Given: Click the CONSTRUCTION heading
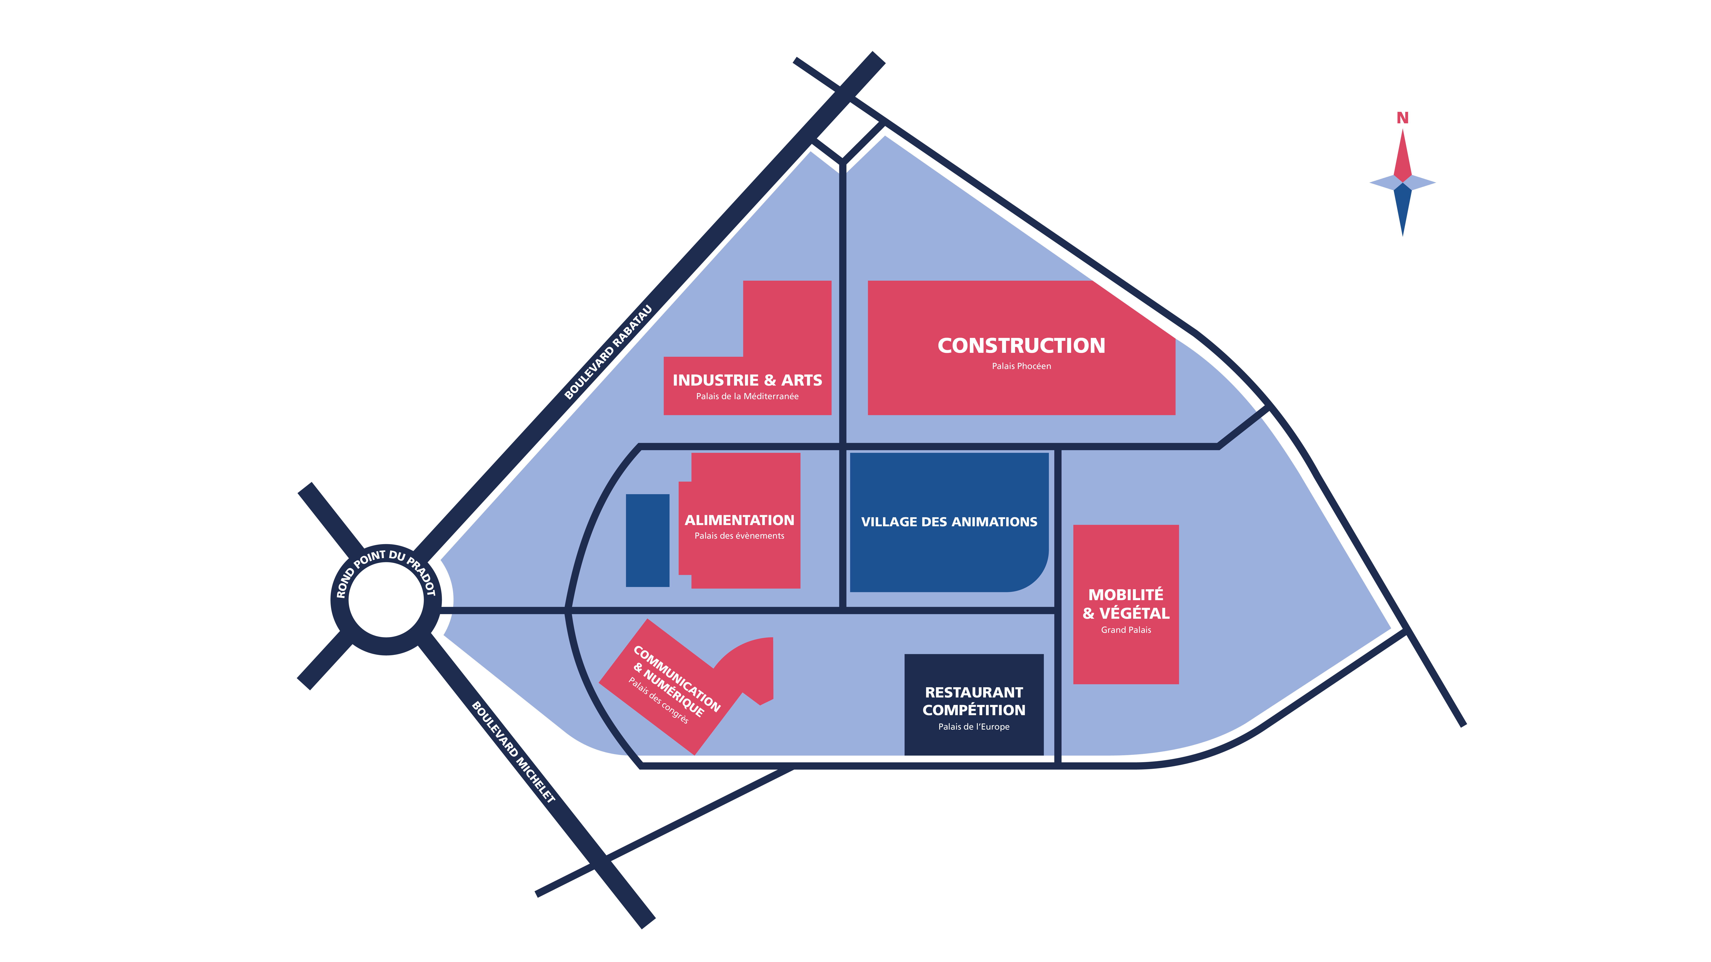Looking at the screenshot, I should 1021,346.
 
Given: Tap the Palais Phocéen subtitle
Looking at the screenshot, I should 1021,366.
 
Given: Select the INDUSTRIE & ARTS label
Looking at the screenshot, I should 747,380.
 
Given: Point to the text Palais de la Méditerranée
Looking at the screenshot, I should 747,396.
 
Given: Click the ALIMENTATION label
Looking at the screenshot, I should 739,520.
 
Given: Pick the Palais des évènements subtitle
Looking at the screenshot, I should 739,536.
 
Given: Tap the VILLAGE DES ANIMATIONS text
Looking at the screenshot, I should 948,522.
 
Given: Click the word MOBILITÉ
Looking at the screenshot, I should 1126,595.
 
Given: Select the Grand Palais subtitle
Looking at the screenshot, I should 1126,630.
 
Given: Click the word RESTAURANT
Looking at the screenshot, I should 974,692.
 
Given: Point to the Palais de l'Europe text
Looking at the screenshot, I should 974,727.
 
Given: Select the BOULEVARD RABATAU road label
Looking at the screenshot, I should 608,352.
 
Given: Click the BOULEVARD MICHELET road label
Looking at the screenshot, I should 513,752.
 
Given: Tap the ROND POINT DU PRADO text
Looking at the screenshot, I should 385,564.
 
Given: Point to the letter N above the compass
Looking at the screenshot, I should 1402,118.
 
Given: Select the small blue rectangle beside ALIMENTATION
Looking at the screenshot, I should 647,540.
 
